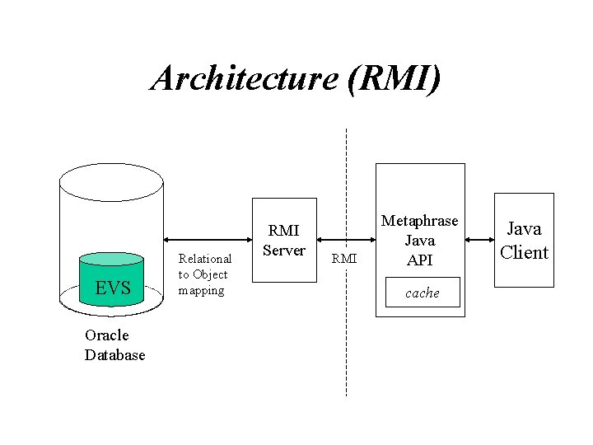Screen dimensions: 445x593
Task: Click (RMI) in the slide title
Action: point(394,79)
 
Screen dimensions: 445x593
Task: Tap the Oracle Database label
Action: point(114,345)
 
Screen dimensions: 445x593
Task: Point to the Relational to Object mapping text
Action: point(205,274)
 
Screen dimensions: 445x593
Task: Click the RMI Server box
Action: point(284,240)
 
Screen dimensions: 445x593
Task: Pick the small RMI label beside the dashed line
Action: point(344,260)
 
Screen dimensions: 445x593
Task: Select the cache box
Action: point(422,293)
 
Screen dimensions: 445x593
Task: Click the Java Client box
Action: point(523,240)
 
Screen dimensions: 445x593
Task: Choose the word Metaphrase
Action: point(419,222)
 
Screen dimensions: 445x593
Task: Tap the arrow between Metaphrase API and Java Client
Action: point(479,241)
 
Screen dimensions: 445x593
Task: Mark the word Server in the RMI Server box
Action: point(284,251)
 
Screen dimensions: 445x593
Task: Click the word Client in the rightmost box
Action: point(524,252)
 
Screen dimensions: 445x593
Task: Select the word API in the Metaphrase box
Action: point(419,260)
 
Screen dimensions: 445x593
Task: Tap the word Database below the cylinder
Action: point(114,355)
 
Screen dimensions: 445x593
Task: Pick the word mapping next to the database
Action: point(201,290)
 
